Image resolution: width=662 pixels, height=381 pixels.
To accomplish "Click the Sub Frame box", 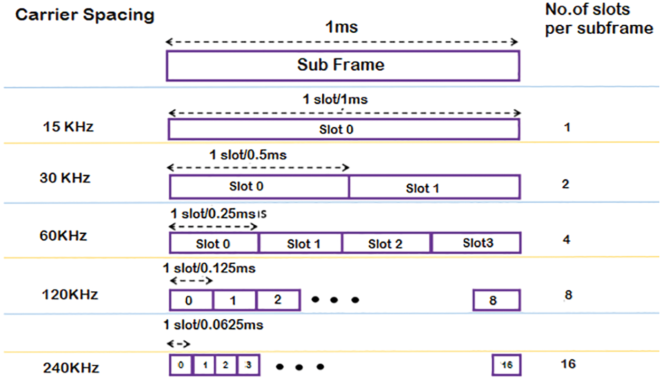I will [343, 65].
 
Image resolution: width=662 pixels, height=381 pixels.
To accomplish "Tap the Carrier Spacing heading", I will [84, 15].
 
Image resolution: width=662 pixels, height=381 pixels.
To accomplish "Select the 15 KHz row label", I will [69, 127].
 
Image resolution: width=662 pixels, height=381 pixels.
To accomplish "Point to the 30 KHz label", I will [65, 178].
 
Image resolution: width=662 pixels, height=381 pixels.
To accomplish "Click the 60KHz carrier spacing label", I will [63, 235].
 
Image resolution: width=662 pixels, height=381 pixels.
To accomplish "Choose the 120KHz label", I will [70, 294].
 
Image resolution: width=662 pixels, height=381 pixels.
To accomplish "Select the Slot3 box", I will [476, 243].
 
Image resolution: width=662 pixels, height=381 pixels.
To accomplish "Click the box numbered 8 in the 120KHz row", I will [496, 300].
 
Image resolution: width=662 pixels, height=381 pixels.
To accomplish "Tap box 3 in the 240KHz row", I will [247, 365].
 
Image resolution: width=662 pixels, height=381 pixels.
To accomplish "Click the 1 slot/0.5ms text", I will [248, 156].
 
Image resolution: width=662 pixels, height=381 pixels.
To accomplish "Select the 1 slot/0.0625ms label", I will [213, 325].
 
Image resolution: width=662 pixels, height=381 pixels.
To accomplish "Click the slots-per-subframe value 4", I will [566, 240].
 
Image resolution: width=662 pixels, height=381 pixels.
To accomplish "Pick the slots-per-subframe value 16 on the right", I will [569, 364].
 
